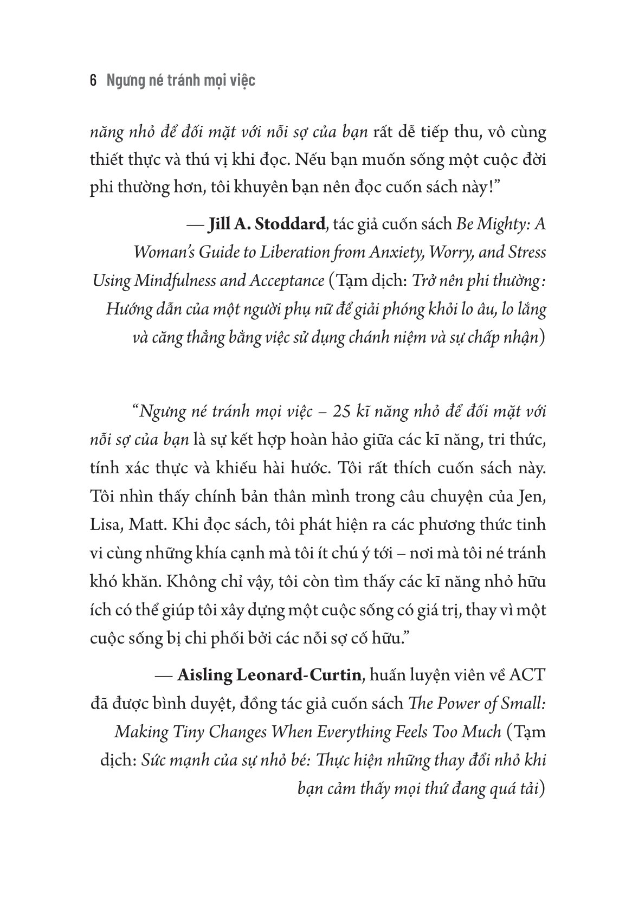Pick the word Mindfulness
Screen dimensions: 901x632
click(187, 281)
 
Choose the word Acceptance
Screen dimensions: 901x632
click(286, 281)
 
